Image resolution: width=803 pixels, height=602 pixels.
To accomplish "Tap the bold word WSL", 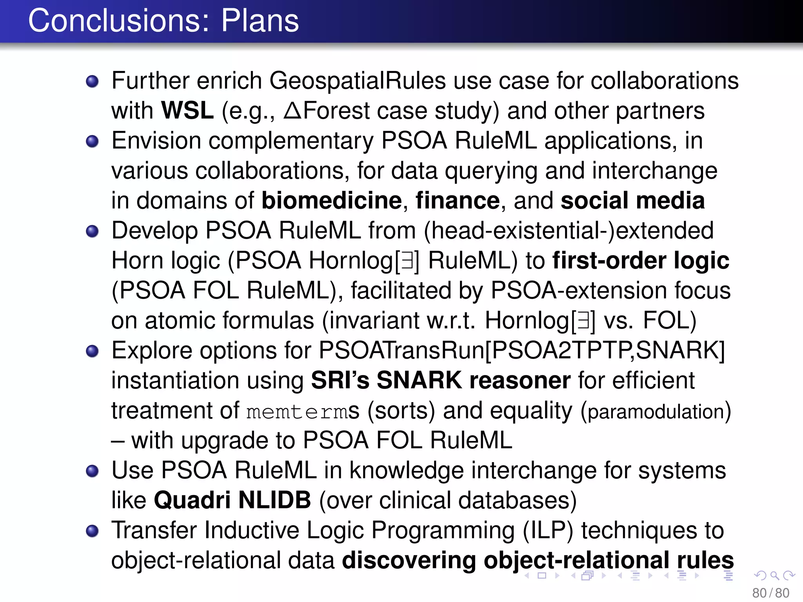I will pyautogui.click(x=187, y=111).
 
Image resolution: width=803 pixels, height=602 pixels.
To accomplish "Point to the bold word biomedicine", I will pyautogui.click(x=332, y=201).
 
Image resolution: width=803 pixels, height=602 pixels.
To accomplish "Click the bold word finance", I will pyautogui.click(x=458, y=201).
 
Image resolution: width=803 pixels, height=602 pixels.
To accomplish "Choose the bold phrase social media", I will pyautogui.click(x=632, y=201).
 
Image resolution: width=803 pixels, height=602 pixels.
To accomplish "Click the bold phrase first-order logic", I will pyautogui.click(x=641, y=261).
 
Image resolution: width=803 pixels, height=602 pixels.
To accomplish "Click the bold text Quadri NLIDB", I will pyautogui.click(x=233, y=500).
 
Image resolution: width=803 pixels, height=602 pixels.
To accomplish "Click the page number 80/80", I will pyautogui.click(x=770, y=593).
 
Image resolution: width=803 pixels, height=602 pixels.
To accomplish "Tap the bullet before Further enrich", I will pyautogui.click(x=92, y=82).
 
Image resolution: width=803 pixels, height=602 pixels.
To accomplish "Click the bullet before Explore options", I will pyautogui.click(x=92, y=351).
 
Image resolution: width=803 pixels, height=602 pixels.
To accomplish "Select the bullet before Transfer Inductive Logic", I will pyautogui.click(x=92, y=531).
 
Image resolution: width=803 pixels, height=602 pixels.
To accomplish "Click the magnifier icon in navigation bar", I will pyautogui.click(x=774, y=575).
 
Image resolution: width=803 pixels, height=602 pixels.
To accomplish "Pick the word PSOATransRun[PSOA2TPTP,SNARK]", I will pyautogui.click(x=521, y=350).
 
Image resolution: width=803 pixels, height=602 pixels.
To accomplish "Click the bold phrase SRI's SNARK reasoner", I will pyautogui.click(x=440, y=381).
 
